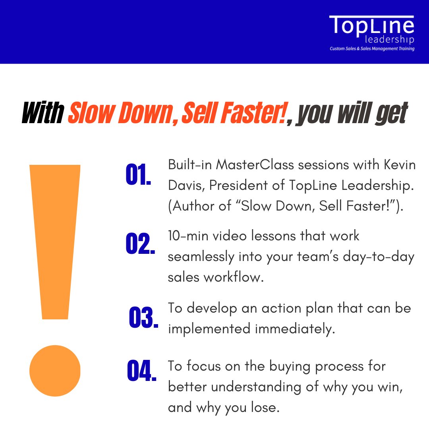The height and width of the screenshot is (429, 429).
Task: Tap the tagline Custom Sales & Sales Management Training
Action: tap(372, 49)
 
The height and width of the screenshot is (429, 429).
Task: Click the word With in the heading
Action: tap(43, 113)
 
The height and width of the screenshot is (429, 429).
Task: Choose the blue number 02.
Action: tap(140, 244)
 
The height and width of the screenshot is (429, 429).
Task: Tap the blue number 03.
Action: tap(143, 318)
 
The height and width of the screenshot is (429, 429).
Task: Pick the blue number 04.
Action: tap(141, 371)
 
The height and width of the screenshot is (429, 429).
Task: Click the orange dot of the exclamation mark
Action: tap(55, 371)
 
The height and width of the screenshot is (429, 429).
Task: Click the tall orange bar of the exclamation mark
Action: tap(55, 238)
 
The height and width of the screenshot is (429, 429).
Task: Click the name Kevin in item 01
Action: tap(398, 165)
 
